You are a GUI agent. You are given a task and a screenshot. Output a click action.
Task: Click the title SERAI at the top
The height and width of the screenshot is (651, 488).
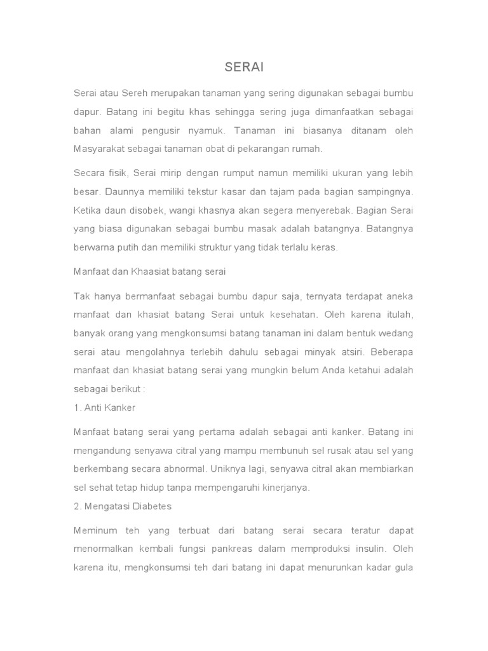pos(244,67)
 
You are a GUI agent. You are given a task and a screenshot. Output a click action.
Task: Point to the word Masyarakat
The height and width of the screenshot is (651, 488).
pos(100,149)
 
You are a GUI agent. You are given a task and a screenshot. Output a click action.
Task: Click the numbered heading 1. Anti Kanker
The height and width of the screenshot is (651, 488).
pos(105,408)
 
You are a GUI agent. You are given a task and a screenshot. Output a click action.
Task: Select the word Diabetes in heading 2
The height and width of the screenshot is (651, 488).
pos(151,506)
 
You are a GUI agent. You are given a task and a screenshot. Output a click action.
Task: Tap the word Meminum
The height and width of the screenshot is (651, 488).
pos(93,530)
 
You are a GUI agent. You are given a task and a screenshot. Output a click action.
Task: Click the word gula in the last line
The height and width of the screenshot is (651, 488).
pos(402,567)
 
